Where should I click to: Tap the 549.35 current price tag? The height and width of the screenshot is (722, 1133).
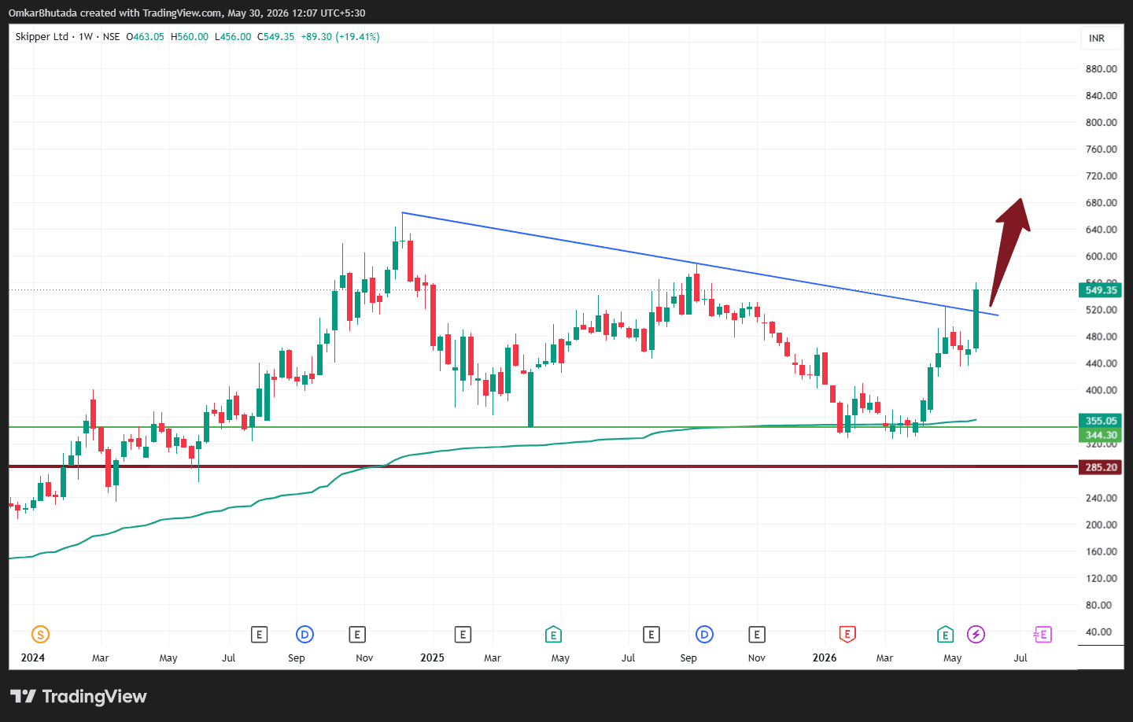[x=1100, y=290]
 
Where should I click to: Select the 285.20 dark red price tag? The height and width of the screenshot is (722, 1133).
[x=1100, y=467]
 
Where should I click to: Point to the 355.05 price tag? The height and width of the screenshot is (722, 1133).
[x=1100, y=421]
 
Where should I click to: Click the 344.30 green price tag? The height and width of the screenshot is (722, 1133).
[x=1100, y=435]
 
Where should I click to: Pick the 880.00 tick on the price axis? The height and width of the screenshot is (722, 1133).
[x=1102, y=68]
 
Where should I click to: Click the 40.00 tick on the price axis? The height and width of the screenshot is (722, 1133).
[x=1098, y=632]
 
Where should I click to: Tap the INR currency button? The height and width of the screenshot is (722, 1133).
[x=1097, y=39]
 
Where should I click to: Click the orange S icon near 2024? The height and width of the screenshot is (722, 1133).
[x=40, y=634]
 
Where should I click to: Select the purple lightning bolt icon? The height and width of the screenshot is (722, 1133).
[x=976, y=634]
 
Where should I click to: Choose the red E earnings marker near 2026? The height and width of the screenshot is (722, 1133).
[x=847, y=634]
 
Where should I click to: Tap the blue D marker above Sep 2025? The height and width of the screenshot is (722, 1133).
[x=704, y=634]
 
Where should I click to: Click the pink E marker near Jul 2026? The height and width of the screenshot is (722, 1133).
[x=1043, y=634]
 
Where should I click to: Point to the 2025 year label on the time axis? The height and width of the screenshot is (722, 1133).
[x=433, y=658]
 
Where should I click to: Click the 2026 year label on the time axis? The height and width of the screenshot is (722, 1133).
[x=825, y=658]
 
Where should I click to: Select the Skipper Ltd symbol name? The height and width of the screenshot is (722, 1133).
[x=42, y=36]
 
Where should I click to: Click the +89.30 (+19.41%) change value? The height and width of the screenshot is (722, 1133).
[x=340, y=36]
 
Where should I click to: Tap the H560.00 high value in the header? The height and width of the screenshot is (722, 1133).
[x=189, y=36]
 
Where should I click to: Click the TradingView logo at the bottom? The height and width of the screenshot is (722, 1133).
[x=79, y=696]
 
